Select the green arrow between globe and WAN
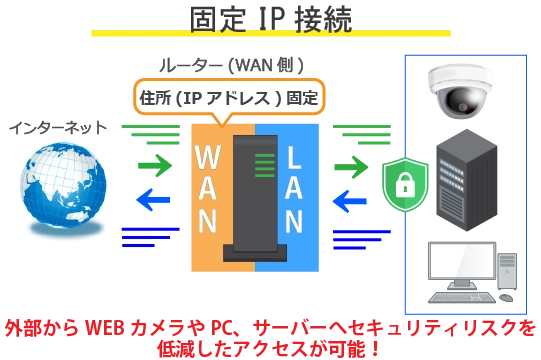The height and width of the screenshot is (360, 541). [155, 163]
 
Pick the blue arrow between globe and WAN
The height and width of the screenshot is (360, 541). [153, 199]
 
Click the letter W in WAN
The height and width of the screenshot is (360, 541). [208, 160]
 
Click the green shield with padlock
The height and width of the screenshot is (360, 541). [405, 183]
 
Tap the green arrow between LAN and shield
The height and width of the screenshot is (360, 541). [351, 165]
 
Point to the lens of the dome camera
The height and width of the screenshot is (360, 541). [462, 100]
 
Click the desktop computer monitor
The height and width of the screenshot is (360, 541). [459, 261]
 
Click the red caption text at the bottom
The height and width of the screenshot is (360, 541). [270, 338]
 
